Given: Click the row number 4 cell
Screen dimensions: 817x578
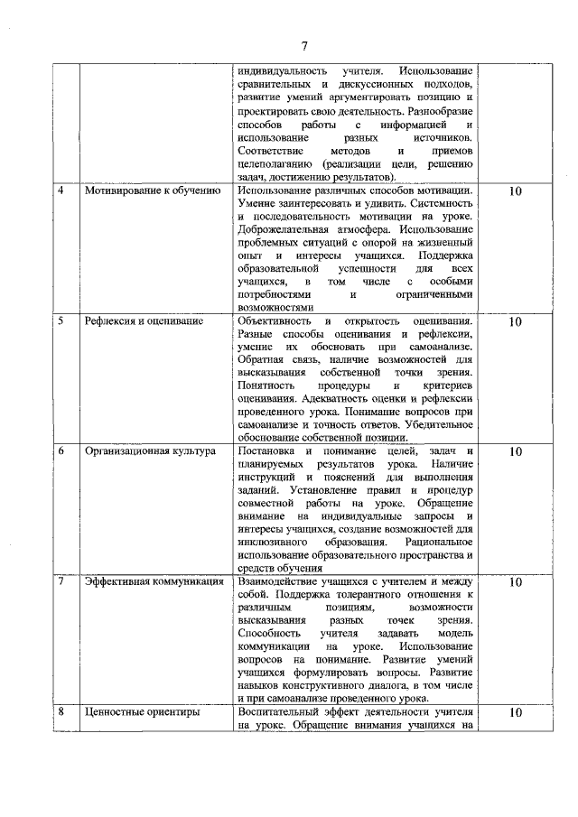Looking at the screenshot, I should tap(61, 191).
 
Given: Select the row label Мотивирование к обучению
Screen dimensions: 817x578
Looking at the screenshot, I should tap(153, 191).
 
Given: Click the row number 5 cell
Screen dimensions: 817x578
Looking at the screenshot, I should tap(61, 321).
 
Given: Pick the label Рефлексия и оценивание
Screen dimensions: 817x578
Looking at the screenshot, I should tap(144, 321).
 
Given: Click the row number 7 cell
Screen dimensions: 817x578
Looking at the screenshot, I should tap(61, 582).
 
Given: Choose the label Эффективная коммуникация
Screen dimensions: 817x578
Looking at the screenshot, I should tap(154, 582).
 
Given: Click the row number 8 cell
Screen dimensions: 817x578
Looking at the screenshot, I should tap(61, 711).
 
